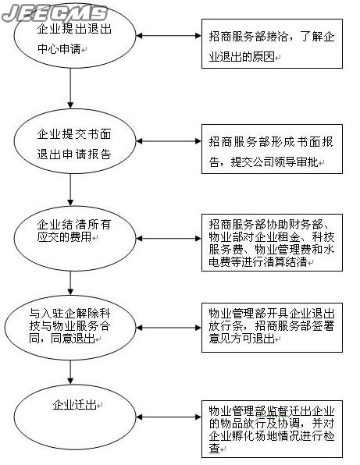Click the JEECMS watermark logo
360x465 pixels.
55,13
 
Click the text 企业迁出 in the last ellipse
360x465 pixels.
74,404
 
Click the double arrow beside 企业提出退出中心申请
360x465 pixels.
169,36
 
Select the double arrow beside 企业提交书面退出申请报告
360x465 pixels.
169,141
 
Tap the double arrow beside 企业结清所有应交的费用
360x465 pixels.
169,239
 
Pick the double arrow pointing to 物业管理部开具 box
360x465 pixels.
169,328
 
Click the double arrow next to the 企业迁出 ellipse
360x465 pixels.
169,417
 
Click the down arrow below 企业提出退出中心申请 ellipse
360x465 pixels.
70,88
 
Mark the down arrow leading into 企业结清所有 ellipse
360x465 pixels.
70,190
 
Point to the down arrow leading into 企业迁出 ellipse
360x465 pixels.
70,372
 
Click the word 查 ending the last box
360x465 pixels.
214,448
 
